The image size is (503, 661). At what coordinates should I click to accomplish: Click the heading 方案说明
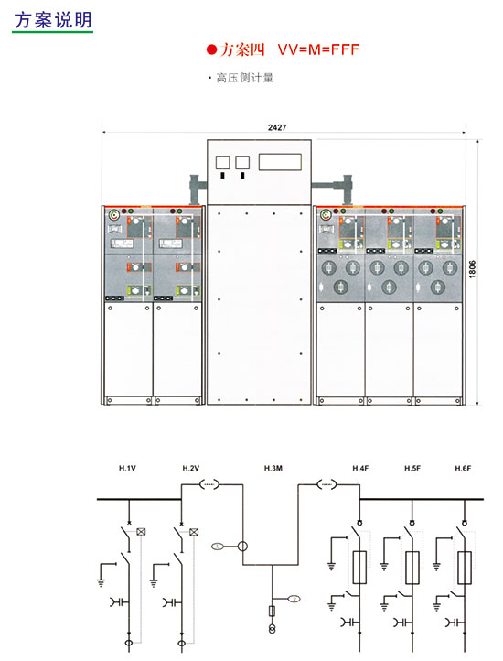pos(53,19)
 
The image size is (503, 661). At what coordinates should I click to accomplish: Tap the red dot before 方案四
pos(211,49)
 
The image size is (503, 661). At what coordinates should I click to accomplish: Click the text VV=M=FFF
pos(318,49)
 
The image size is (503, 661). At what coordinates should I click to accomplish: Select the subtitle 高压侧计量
pos(245,78)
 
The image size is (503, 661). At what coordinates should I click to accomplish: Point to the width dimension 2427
pos(277,127)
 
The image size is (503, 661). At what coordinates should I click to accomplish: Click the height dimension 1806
pos(472,269)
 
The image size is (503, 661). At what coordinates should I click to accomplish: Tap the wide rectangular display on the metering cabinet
pos(280,162)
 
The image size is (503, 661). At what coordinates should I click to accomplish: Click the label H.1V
pos(127,468)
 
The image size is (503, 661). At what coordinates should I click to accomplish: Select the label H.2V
pos(191,468)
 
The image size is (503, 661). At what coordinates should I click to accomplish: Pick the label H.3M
pos(273,468)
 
